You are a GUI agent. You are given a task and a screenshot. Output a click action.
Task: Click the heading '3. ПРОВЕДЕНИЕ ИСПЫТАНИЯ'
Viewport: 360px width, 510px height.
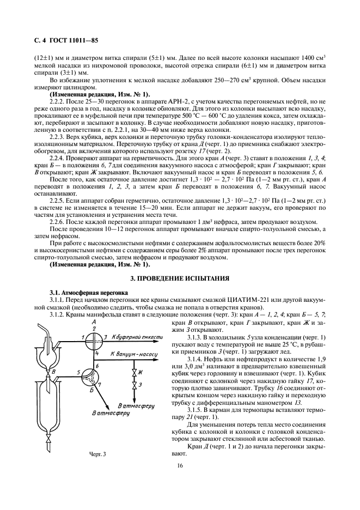click(179, 279)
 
